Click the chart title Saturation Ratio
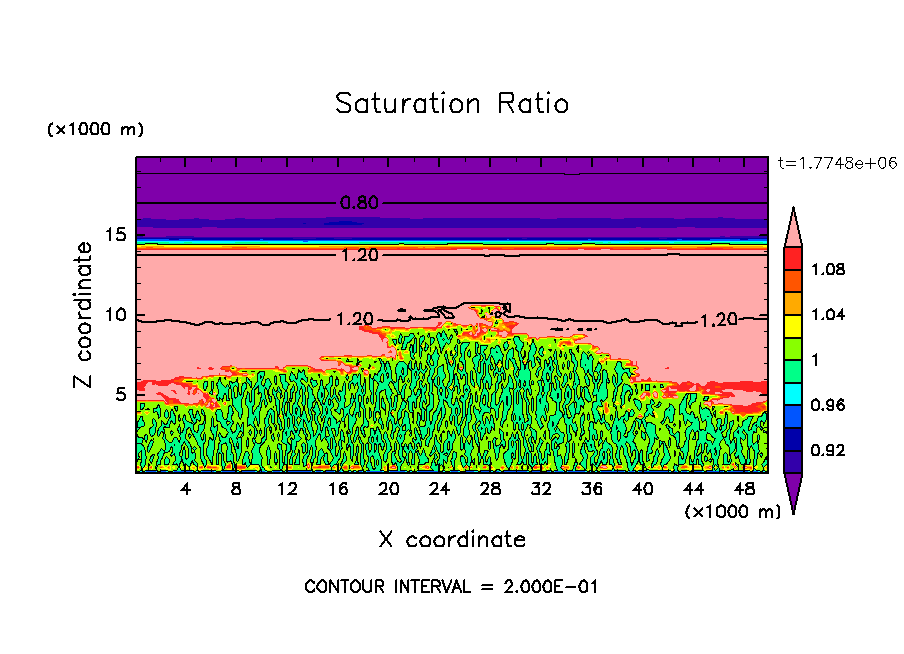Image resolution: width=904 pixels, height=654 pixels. (x=452, y=104)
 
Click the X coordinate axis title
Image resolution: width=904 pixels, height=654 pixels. (x=452, y=540)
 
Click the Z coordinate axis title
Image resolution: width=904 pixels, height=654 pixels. (x=84, y=315)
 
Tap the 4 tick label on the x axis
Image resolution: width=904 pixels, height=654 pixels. (x=185, y=489)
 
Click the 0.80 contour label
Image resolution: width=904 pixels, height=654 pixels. (x=359, y=203)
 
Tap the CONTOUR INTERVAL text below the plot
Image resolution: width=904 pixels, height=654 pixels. (x=451, y=586)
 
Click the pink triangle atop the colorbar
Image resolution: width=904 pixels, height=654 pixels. (x=792, y=227)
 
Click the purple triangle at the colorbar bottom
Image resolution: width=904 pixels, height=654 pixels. (x=792, y=492)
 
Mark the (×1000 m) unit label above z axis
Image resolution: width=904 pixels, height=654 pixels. (x=95, y=130)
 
